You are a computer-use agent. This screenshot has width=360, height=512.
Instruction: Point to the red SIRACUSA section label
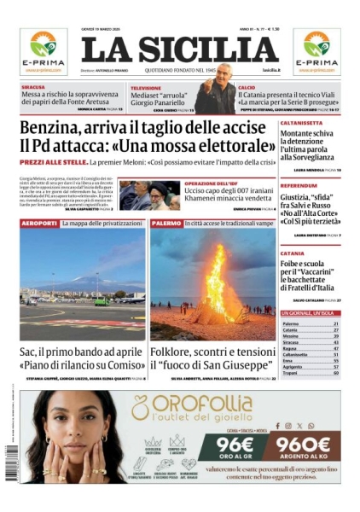(x=34, y=87)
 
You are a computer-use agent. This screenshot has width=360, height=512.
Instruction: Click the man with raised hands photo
(x=215, y=97)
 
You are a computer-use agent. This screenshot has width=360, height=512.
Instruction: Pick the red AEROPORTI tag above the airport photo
(x=38, y=223)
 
